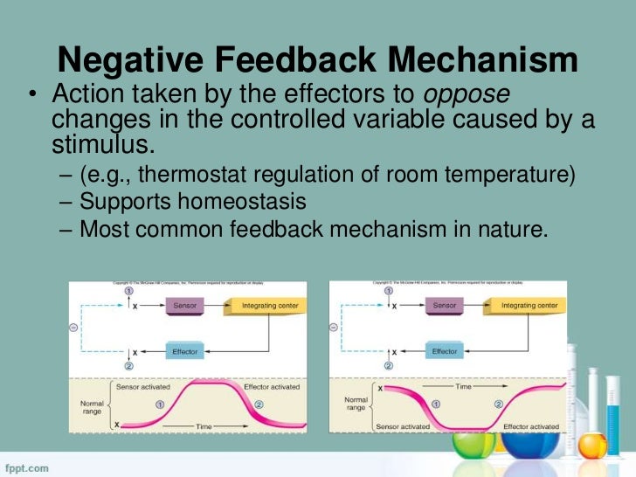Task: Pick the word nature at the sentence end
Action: (508, 230)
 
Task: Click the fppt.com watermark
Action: (26, 468)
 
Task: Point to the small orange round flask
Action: (592, 446)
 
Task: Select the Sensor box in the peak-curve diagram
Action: (184, 306)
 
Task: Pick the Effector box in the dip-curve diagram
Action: (445, 351)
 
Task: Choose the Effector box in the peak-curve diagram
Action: (184, 351)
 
